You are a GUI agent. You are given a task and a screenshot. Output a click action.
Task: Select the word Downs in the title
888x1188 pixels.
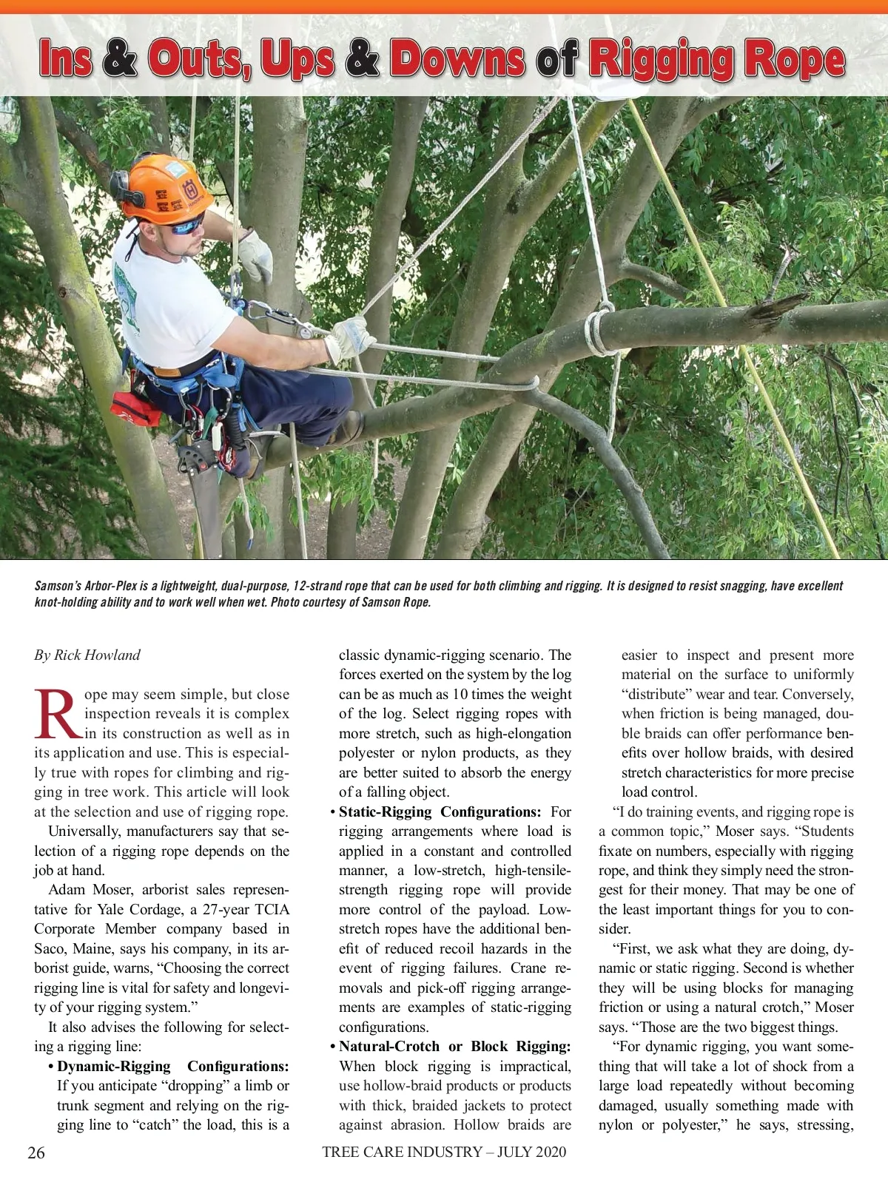coord(457,58)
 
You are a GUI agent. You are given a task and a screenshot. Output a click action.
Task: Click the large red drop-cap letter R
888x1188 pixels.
coord(57,715)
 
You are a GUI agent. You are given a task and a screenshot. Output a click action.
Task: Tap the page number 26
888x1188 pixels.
coord(36,1152)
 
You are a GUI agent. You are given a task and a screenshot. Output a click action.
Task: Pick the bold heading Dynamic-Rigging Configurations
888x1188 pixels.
coord(172,1066)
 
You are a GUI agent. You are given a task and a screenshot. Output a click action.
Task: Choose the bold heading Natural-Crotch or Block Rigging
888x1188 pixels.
coord(454,1046)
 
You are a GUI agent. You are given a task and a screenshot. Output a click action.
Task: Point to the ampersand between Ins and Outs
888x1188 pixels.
coord(120,58)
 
